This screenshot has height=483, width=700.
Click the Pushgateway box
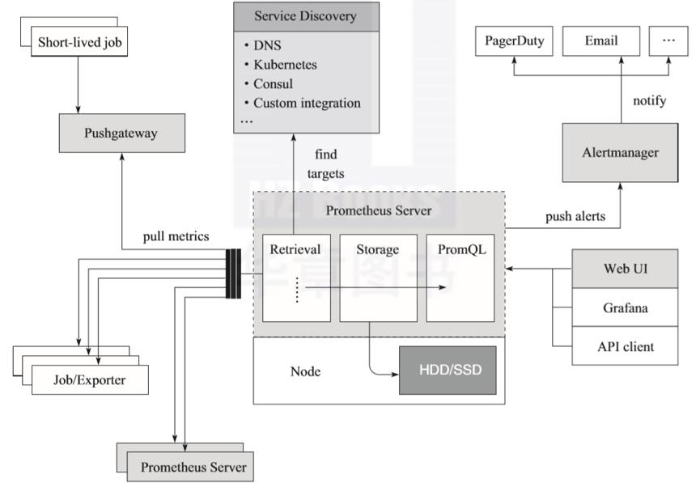(x=121, y=133)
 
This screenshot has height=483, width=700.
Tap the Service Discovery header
(x=305, y=16)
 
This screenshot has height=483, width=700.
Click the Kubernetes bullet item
(x=285, y=64)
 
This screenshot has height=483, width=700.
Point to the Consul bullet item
(x=273, y=83)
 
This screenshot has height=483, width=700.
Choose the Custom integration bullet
(x=307, y=103)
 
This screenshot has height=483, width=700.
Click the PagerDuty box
(x=515, y=40)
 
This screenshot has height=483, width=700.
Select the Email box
(x=600, y=40)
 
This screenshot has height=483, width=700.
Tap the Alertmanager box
(x=620, y=152)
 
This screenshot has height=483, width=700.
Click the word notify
(x=649, y=101)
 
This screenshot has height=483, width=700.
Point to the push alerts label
(x=575, y=217)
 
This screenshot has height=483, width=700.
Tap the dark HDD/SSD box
(x=447, y=371)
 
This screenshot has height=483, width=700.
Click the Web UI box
(x=625, y=269)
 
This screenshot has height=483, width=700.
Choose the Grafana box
(x=625, y=307)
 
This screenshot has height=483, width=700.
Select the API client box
(x=625, y=347)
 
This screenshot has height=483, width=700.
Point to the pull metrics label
(x=176, y=236)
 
